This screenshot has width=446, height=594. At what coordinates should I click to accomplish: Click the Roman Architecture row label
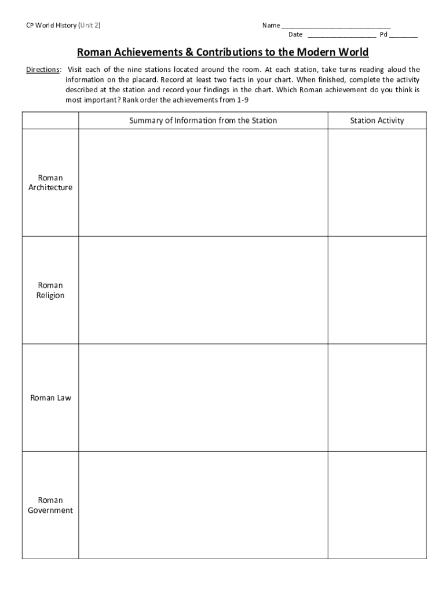pos(50,183)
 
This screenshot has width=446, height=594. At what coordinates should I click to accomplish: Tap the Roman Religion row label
pos(50,290)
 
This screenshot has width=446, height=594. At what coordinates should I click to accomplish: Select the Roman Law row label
pos(50,398)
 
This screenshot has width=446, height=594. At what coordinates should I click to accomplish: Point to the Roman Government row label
pos(50,505)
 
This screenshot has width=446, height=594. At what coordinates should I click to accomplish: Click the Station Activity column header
pos(377,121)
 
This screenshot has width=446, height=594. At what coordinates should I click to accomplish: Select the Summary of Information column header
pos(203,121)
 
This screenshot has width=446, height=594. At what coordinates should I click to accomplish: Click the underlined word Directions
pos(43,70)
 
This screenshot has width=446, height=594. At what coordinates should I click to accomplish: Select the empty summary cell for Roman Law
pos(203,398)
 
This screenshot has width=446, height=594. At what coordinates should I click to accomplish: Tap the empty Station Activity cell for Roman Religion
pos(377,290)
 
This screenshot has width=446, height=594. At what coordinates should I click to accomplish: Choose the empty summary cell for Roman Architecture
pos(203,183)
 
